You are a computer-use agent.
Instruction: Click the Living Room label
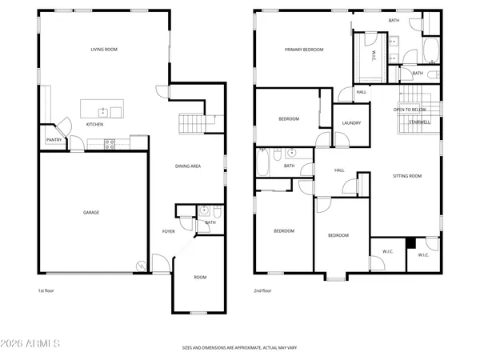pos(103,50)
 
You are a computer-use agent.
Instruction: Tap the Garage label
pos(92,212)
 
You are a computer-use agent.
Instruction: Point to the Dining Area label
pos(188,166)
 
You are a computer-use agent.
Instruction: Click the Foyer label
pos(168,231)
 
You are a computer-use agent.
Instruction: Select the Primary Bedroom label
pos(304,50)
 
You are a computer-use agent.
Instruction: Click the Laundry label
pos(351,123)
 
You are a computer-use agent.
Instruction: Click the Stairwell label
pos(420,122)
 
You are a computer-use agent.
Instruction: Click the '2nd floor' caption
pos(263,290)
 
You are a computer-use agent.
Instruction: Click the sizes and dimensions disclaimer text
pos(239,348)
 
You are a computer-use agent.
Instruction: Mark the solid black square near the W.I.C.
pos(410,243)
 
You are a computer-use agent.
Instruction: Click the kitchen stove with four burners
pos(110,144)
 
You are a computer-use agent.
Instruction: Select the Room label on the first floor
pos(199,277)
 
